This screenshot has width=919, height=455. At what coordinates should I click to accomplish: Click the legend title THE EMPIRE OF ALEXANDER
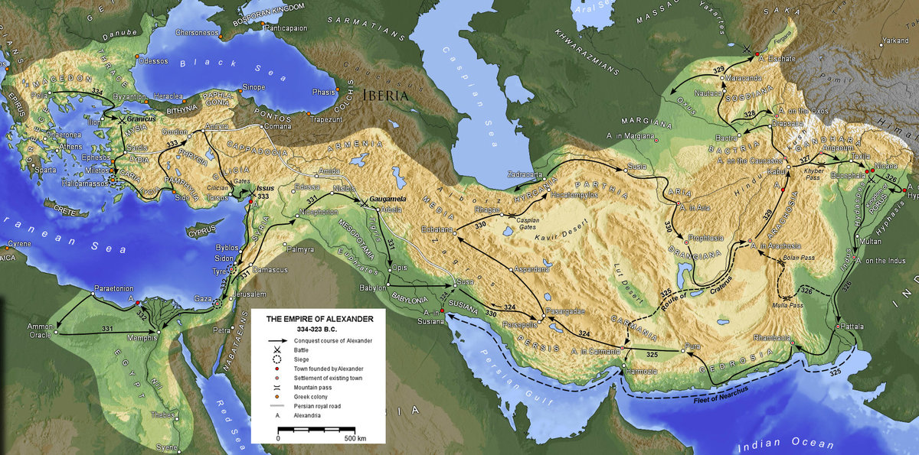tap(319, 318)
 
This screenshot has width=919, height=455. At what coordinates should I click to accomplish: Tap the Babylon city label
tap(373, 288)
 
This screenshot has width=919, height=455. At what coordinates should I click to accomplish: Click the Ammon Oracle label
tap(40, 330)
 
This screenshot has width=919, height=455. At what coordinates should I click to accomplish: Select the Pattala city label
tap(852, 326)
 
